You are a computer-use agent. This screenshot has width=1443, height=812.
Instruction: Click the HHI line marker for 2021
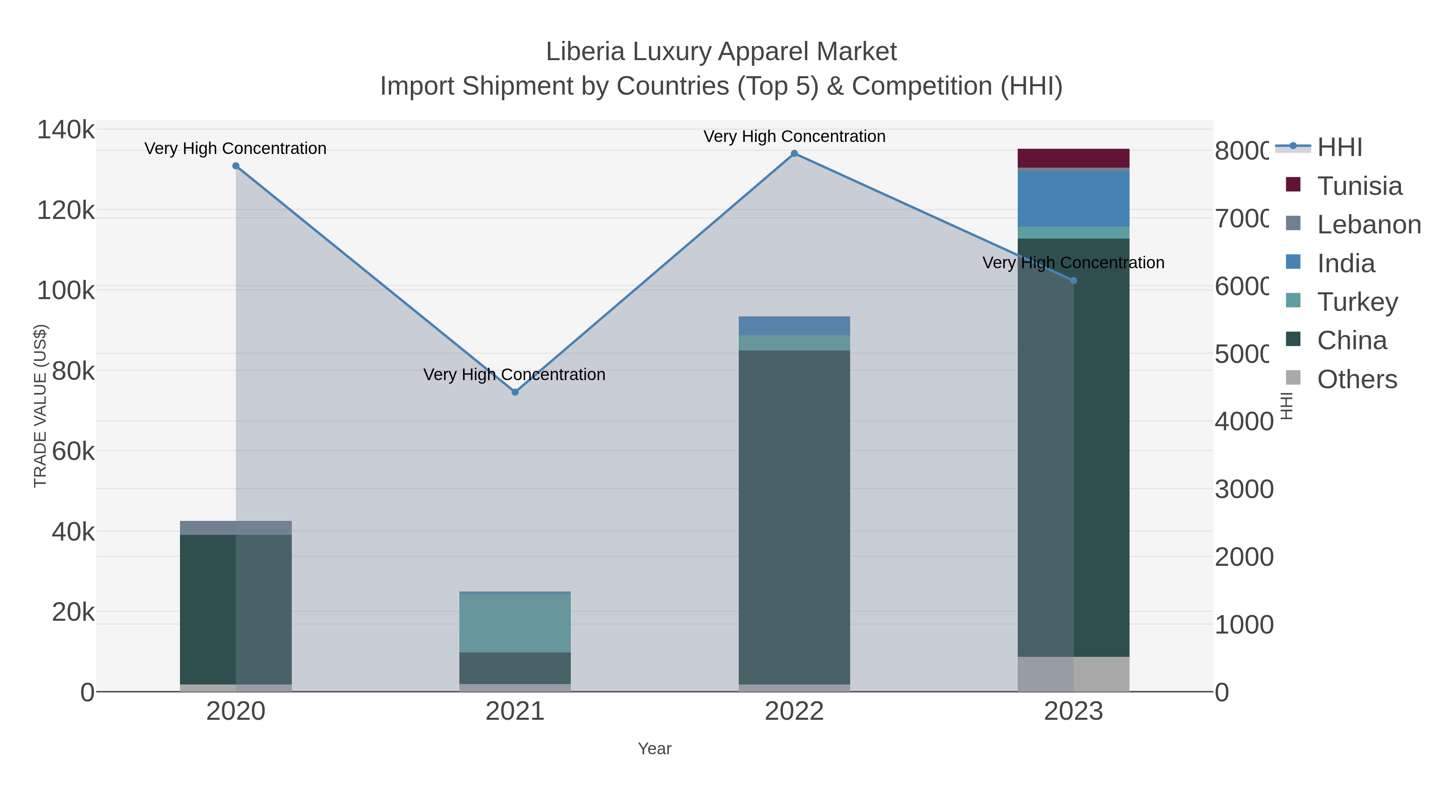point(515,392)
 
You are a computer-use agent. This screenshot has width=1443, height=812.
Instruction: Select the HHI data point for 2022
point(794,154)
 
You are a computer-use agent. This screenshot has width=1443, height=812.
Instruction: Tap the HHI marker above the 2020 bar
point(236,166)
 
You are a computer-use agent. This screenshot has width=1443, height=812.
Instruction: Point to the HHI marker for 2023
point(1073,281)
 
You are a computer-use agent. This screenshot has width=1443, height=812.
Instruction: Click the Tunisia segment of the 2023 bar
point(1073,158)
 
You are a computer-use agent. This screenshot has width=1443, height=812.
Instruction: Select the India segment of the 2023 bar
point(1073,199)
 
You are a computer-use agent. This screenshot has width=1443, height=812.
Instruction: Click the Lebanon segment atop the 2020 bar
point(236,528)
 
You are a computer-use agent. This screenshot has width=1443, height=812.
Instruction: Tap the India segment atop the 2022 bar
point(794,326)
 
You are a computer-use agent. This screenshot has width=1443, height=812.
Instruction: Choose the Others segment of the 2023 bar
point(1073,674)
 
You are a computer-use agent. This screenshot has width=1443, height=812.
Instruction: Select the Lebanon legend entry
point(1368,225)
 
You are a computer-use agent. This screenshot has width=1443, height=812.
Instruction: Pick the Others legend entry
point(1357,379)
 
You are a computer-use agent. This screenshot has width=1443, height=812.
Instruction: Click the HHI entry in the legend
point(1339,148)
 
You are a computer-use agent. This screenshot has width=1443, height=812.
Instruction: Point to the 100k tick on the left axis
point(66,291)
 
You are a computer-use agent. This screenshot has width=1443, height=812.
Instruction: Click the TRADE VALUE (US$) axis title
point(40,406)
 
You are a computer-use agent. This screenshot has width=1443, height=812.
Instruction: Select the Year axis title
point(654,749)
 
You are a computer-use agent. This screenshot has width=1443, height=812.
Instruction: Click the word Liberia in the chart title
point(585,52)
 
